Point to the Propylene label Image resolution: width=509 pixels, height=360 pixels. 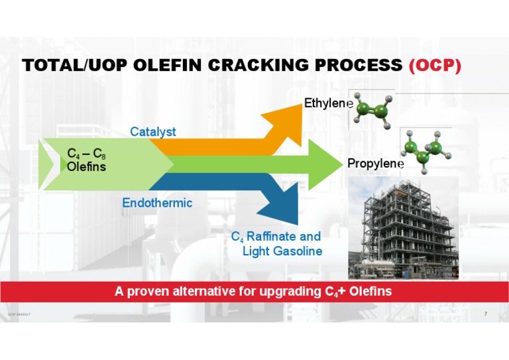375,163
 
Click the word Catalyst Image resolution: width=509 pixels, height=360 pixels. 153,131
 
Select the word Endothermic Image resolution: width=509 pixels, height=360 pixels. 157,203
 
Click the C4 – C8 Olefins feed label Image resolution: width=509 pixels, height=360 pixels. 86,160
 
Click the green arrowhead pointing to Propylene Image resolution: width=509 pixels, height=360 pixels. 321,163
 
